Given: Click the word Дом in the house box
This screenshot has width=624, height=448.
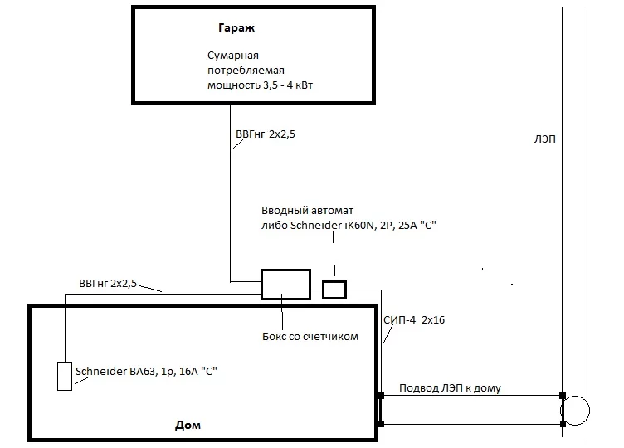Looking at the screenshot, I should (x=188, y=426).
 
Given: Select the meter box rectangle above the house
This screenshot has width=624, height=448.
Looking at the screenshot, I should (x=285, y=284).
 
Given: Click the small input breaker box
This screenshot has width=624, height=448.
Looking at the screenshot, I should (x=334, y=289).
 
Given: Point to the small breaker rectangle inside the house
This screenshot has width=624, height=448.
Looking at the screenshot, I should (x=65, y=376).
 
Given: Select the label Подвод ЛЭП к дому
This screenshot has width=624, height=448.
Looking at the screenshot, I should (x=450, y=387).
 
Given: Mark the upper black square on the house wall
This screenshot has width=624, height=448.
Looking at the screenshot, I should (x=380, y=395).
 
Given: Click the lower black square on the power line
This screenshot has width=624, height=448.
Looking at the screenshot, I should (x=563, y=424).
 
